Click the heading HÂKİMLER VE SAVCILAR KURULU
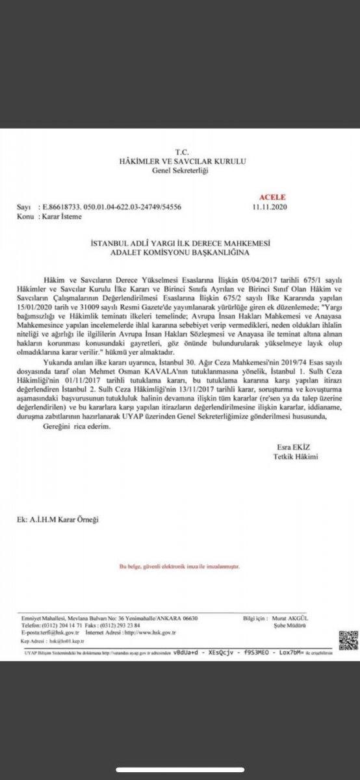click(178, 161)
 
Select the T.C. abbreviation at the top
click(177, 151)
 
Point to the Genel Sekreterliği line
click(177, 170)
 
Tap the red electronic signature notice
click(179, 567)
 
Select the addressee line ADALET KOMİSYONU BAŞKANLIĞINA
click(179, 251)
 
